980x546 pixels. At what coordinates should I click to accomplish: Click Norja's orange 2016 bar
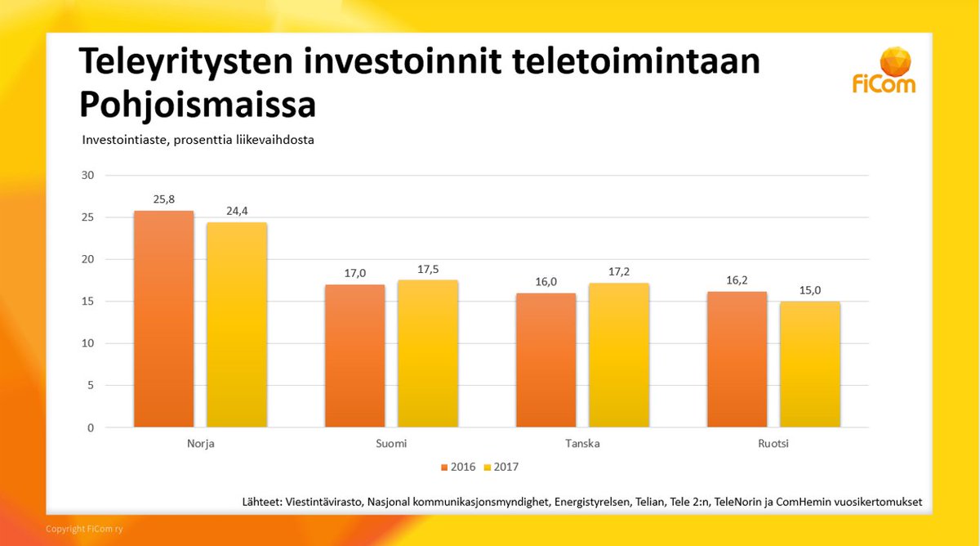(x=163, y=319)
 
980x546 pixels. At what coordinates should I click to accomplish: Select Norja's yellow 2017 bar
(x=236, y=324)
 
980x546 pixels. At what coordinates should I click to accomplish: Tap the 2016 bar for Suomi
(x=354, y=356)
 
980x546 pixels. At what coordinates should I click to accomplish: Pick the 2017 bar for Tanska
(x=618, y=355)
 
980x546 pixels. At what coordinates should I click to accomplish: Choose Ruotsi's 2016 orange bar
(x=737, y=359)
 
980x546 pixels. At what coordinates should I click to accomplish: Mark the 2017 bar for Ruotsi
(x=809, y=364)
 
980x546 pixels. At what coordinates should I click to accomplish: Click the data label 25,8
(x=163, y=199)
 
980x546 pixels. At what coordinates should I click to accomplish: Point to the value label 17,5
(x=427, y=269)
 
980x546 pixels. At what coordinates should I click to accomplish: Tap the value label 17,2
(x=618, y=271)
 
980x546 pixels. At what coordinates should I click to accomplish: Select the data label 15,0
(x=809, y=289)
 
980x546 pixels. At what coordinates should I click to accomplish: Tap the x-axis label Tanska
(x=582, y=444)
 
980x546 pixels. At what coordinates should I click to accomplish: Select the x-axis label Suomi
(x=391, y=444)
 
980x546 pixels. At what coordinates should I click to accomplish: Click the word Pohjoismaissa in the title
(x=197, y=105)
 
